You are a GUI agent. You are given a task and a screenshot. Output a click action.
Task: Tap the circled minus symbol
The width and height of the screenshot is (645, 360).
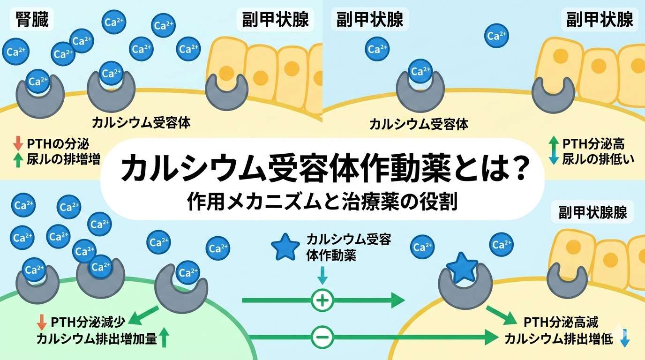322,336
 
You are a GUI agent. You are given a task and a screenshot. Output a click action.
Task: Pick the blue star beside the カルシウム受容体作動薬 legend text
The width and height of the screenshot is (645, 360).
285,248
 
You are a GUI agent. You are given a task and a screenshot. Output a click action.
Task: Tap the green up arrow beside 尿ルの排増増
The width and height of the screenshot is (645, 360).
18,160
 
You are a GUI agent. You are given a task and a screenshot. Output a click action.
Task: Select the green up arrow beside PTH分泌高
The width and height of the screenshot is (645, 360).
554,142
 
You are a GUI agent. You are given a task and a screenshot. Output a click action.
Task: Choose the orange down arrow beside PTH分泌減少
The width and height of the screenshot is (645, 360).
42,322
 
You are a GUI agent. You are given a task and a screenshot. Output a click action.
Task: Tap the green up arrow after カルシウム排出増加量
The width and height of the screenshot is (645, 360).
164,337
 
